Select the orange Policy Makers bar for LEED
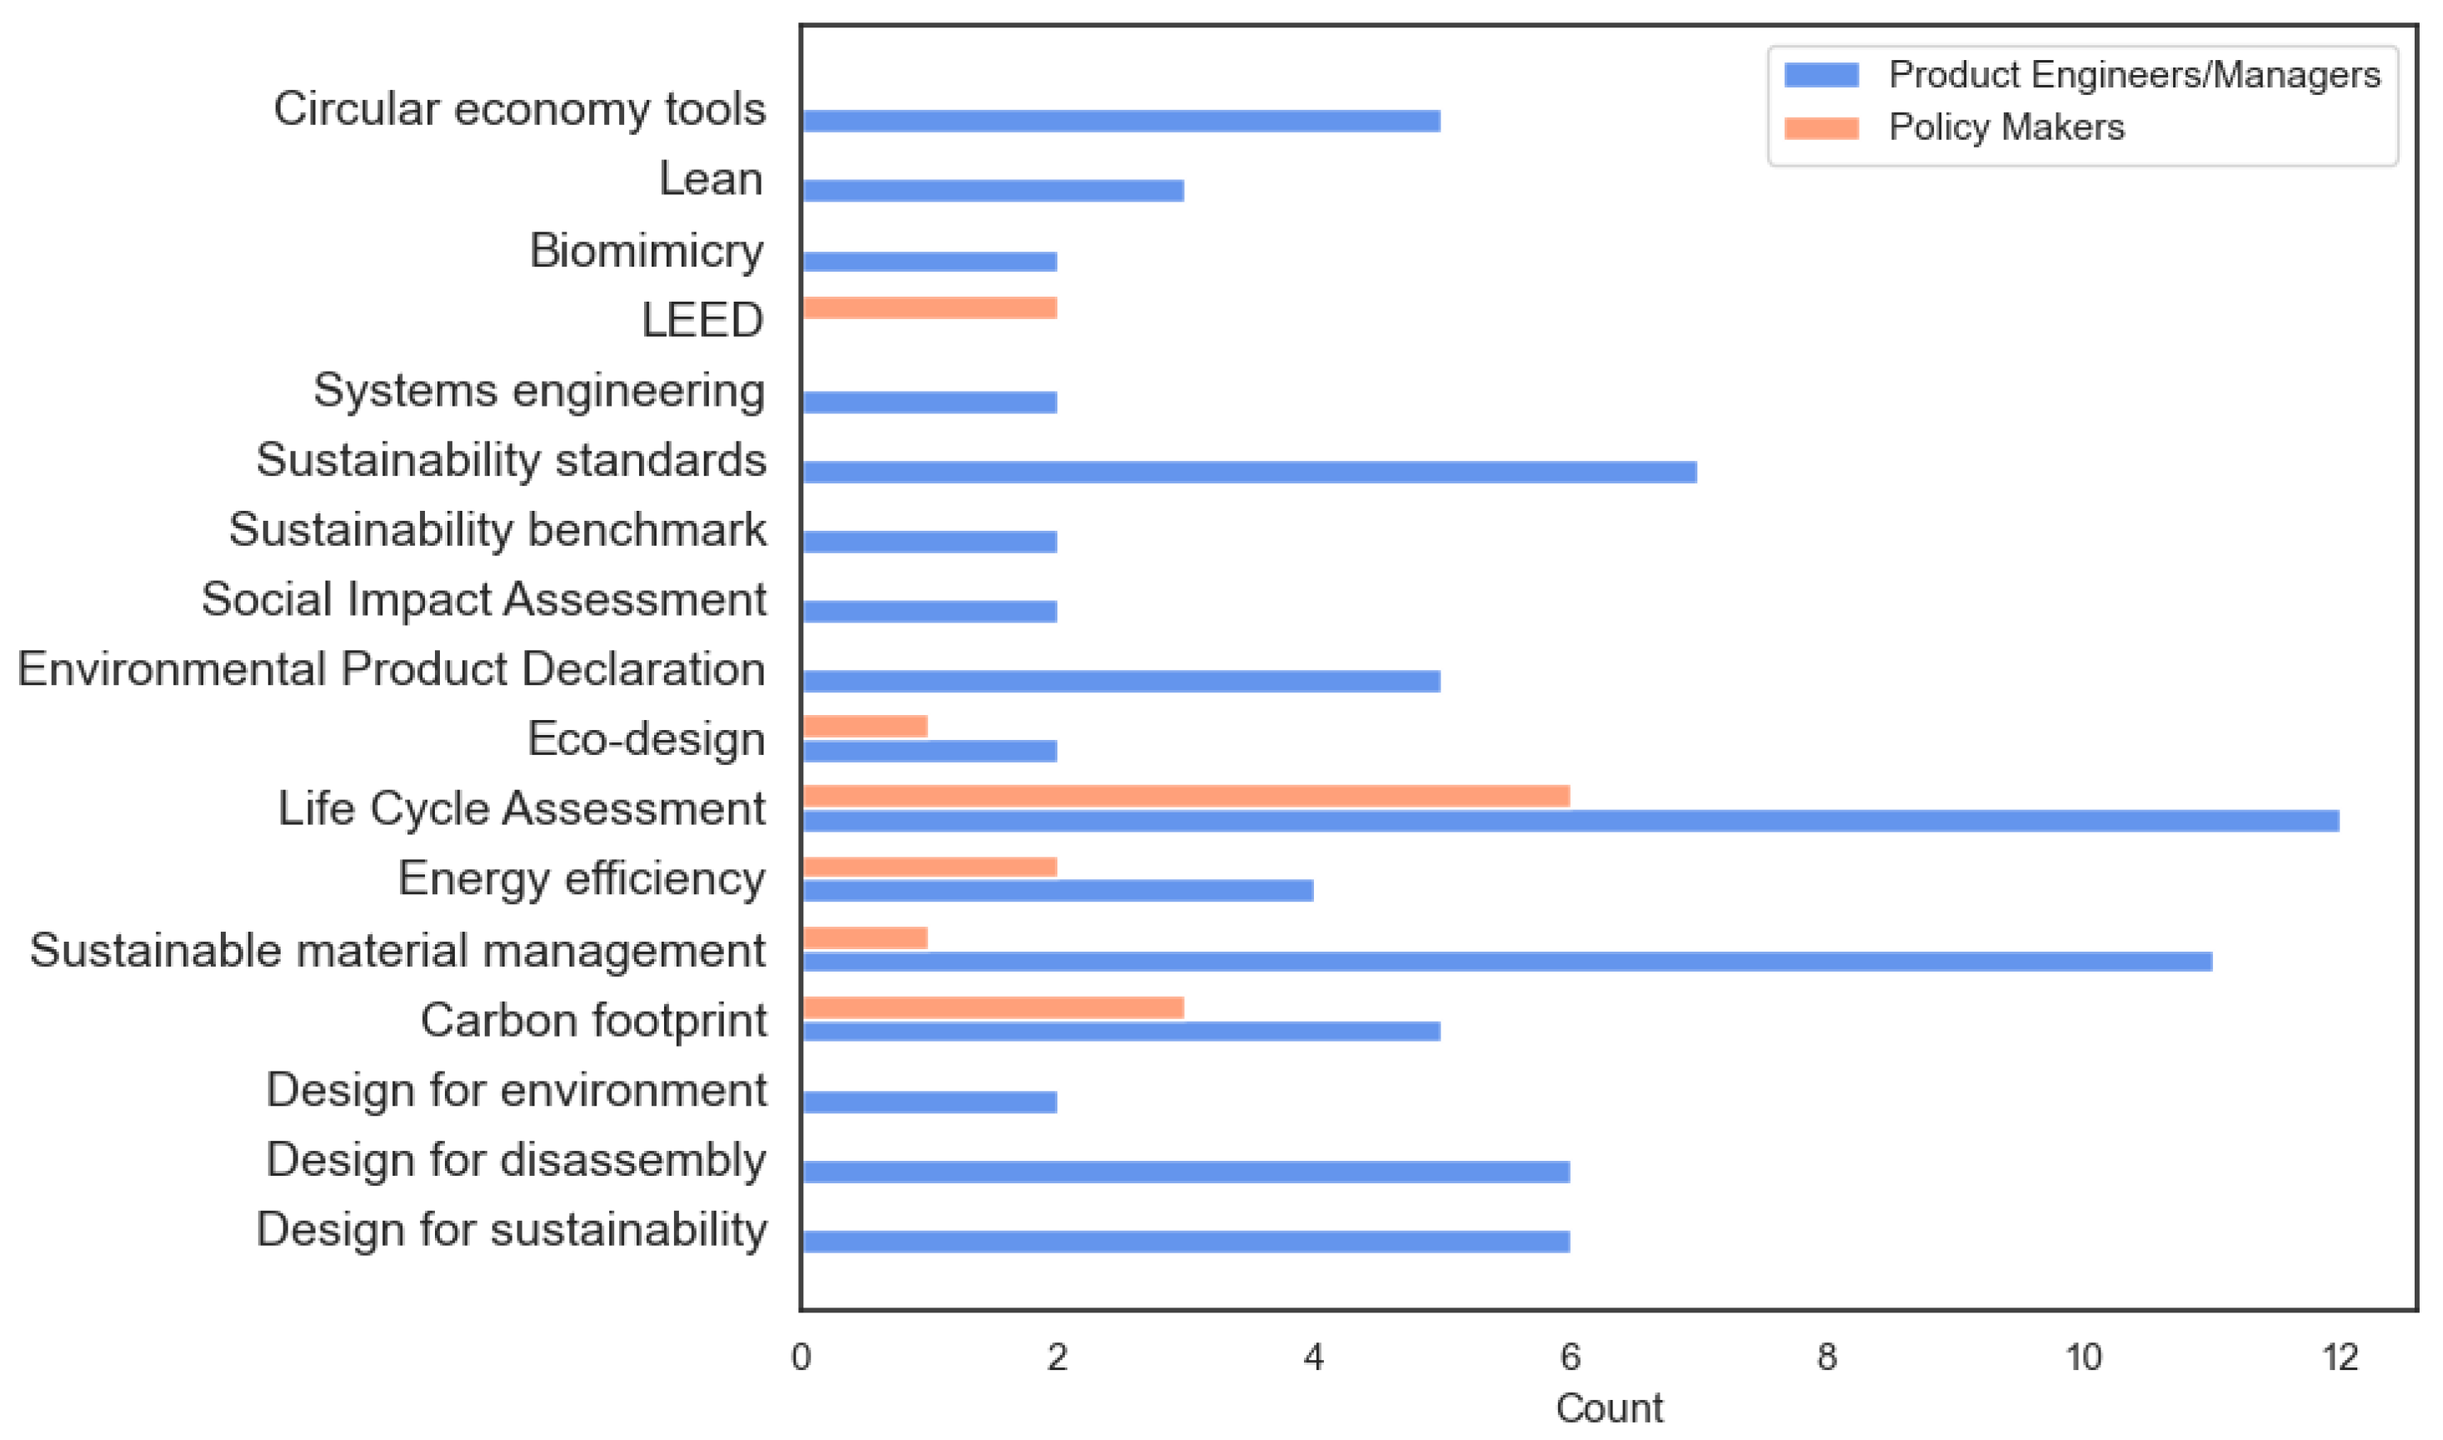pyautogui.click(x=930, y=307)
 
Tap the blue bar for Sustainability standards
pyautogui.click(x=1249, y=472)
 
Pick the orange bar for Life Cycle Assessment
pyautogui.click(x=1186, y=796)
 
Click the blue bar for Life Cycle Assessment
pyautogui.click(x=1570, y=821)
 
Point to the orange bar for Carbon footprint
pyautogui.click(x=992, y=1007)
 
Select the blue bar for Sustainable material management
pyautogui.click(x=1506, y=962)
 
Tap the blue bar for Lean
pyautogui.click(x=992, y=191)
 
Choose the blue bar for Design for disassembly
pyautogui.click(x=1186, y=1172)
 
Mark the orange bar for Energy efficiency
pyautogui.click(x=930, y=867)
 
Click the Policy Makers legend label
pyautogui.click(x=2006, y=128)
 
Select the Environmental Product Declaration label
pyautogui.click(x=391, y=669)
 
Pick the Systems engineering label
pyautogui.click(x=538, y=391)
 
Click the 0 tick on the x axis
pyautogui.click(x=802, y=1357)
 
